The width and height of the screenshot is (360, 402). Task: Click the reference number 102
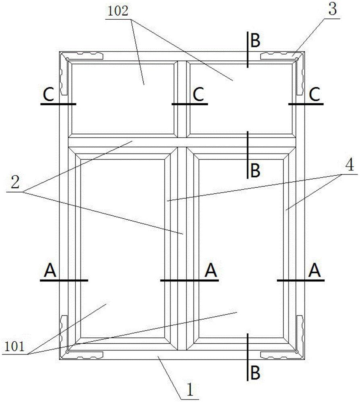[117, 12]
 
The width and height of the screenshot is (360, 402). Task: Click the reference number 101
[14, 347]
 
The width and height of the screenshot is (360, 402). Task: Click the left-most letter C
[49, 95]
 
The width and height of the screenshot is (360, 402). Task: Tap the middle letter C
[198, 94]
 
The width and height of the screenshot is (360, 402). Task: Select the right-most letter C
[314, 94]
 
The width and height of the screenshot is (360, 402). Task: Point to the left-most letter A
[50, 271]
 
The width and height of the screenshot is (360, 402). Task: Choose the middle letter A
[211, 271]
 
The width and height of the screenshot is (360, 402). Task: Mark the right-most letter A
[315, 271]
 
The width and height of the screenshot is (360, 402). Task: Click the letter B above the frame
[255, 41]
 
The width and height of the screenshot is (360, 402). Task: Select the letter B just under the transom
[255, 170]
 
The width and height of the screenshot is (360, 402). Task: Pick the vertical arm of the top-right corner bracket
[300, 77]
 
